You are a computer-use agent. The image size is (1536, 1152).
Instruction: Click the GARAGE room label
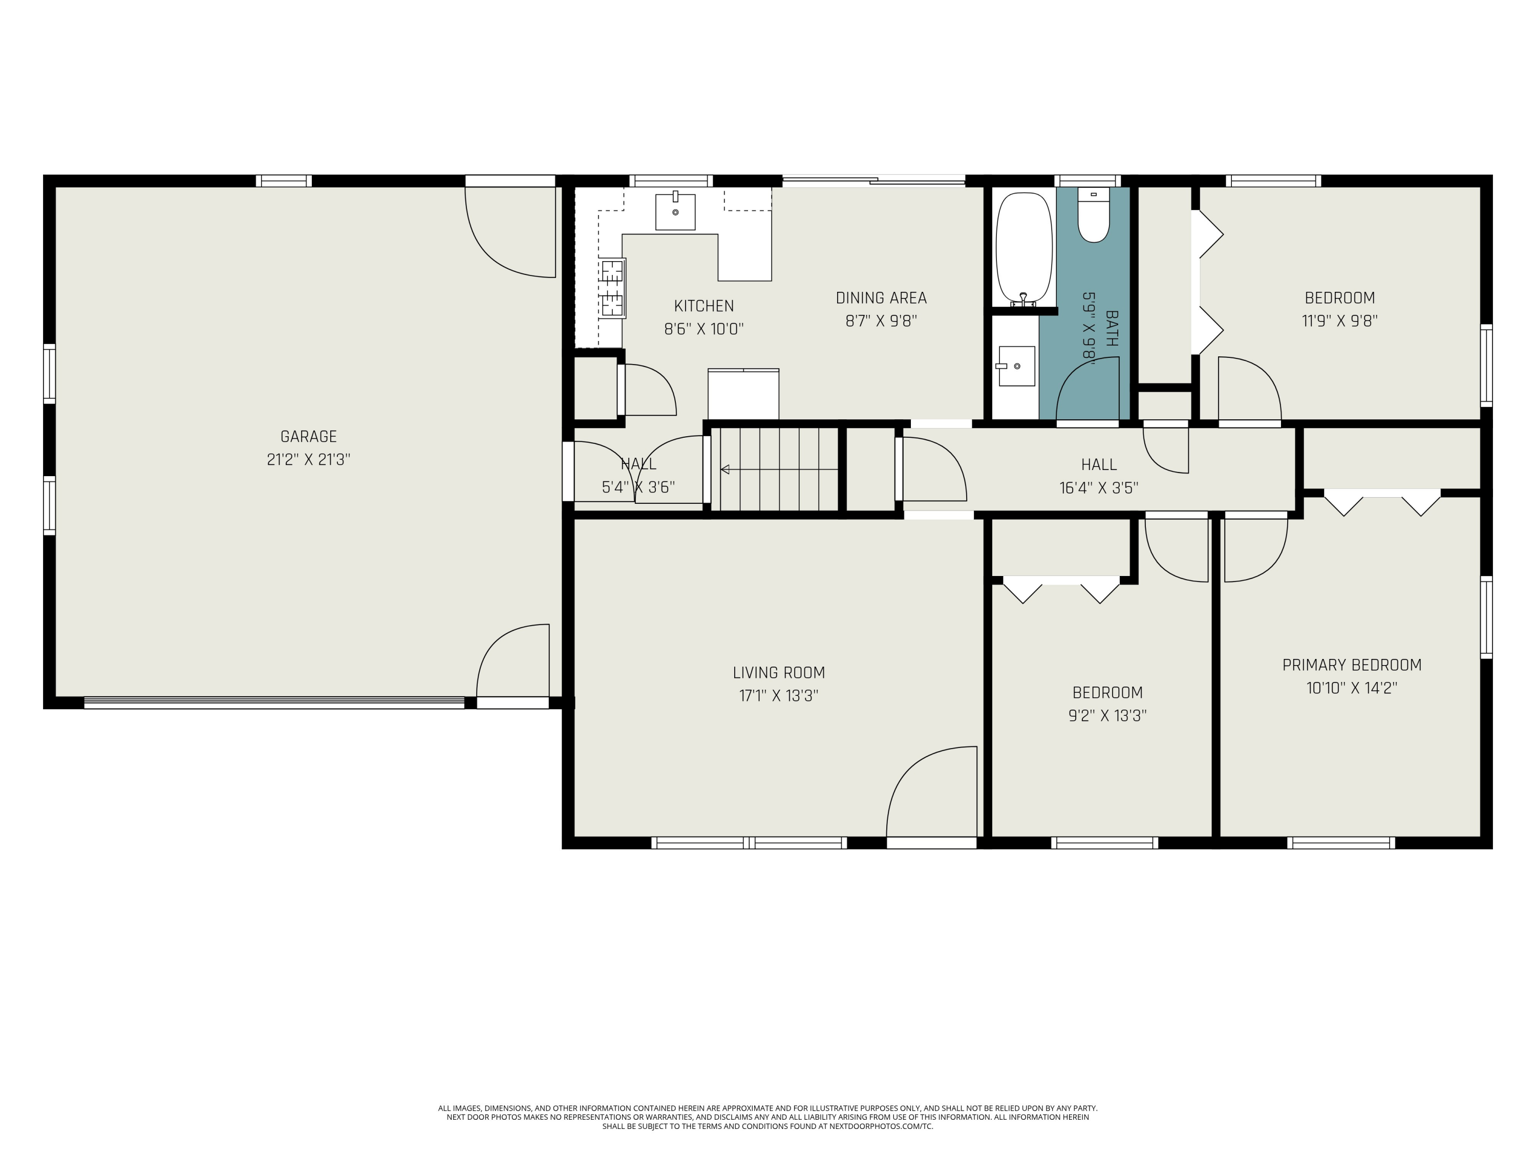[x=308, y=437]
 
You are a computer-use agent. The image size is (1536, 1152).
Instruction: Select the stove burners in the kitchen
[x=612, y=287]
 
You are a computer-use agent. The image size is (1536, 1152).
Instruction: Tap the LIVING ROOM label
[x=779, y=672]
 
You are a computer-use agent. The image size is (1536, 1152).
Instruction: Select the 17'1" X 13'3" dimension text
[x=779, y=696]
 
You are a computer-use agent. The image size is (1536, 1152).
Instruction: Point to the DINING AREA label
[x=881, y=298]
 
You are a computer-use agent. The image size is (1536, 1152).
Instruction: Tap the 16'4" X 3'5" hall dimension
[x=1099, y=488]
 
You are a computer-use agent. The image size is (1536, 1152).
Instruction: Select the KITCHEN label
[x=704, y=306]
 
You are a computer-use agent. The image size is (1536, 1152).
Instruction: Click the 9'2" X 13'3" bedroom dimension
[x=1107, y=715]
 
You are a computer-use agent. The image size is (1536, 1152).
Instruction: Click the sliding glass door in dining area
[x=873, y=181]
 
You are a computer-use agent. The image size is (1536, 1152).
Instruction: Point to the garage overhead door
[x=274, y=703]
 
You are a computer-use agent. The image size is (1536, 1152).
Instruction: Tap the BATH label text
[x=1112, y=329]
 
